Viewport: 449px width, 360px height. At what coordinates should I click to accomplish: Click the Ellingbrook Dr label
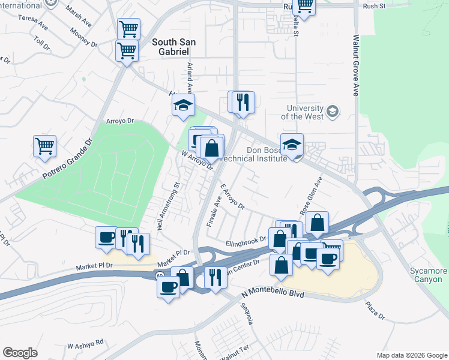tap(246, 242)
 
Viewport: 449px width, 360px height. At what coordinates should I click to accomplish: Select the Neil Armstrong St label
tap(169, 200)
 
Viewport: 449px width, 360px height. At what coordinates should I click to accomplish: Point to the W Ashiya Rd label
tap(85, 344)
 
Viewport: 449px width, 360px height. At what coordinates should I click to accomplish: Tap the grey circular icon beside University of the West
tap(333, 112)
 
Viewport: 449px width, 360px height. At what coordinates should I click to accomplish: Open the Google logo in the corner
tap(20, 353)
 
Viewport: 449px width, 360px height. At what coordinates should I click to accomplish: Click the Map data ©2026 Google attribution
tap(412, 355)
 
